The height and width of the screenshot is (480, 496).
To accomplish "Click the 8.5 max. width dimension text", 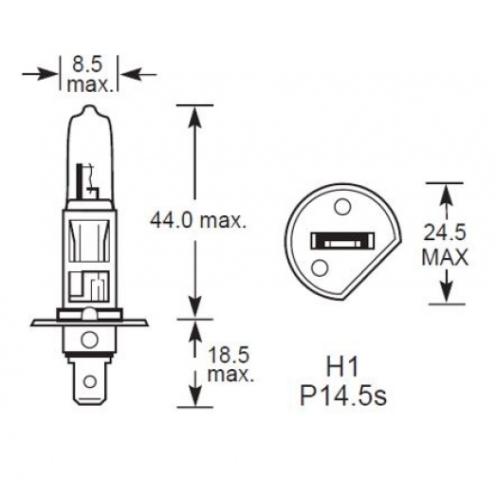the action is [x=89, y=74].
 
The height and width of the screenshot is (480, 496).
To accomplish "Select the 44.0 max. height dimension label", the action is [x=198, y=220].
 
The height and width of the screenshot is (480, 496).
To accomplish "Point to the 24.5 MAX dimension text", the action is [x=445, y=245].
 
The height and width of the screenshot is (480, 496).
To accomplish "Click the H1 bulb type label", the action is [x=342, y=367].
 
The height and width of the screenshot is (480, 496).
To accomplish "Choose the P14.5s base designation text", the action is [x=343, y=396].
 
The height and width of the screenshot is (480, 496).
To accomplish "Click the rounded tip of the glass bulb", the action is [x=90, y=108].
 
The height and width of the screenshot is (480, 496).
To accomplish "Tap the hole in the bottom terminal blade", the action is [x=90, y=381].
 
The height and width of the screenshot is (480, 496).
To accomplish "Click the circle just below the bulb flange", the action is [x=89, y=341].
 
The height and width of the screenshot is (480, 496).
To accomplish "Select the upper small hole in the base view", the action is [x=342, y=207].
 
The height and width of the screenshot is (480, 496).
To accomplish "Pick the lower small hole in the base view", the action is [x=320, y=268].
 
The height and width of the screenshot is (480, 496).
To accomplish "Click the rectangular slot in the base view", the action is [x=342, y=240].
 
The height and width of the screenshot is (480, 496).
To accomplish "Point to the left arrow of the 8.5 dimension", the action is [x=40, y=75].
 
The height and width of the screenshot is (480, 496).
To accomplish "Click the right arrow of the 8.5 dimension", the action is [x=139, y=75].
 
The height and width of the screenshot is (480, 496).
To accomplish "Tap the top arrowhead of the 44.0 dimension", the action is [x=194, y=116].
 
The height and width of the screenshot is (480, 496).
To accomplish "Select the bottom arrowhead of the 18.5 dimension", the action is [x=194, y=396].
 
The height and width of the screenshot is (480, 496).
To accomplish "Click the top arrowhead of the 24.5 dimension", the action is [x=446, y=194].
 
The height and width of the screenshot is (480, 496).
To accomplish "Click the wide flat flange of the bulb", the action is [x=89, y=323].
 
